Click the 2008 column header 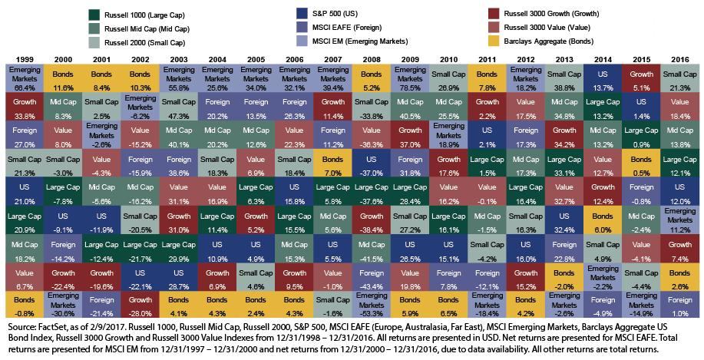pos(370,58)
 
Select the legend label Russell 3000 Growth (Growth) pos(553,14)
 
